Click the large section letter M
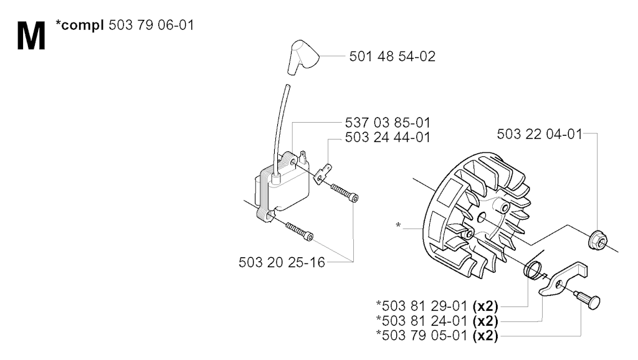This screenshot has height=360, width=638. [31, 36]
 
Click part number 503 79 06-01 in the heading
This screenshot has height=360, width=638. [151, 25]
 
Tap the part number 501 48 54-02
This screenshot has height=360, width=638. [393, 56]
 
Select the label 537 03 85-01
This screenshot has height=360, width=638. [388, 123]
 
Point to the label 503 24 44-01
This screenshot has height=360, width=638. [388, 137]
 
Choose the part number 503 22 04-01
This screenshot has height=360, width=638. [540, 134]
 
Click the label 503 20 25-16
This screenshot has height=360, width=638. [282, 262]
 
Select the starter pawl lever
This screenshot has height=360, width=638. [563, 278]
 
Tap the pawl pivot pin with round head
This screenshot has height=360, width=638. [587, 300]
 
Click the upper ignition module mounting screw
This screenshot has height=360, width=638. [344, 193]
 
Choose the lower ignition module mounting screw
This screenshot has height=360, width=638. [300, 231]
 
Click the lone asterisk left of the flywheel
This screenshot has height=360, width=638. [398, 225]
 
